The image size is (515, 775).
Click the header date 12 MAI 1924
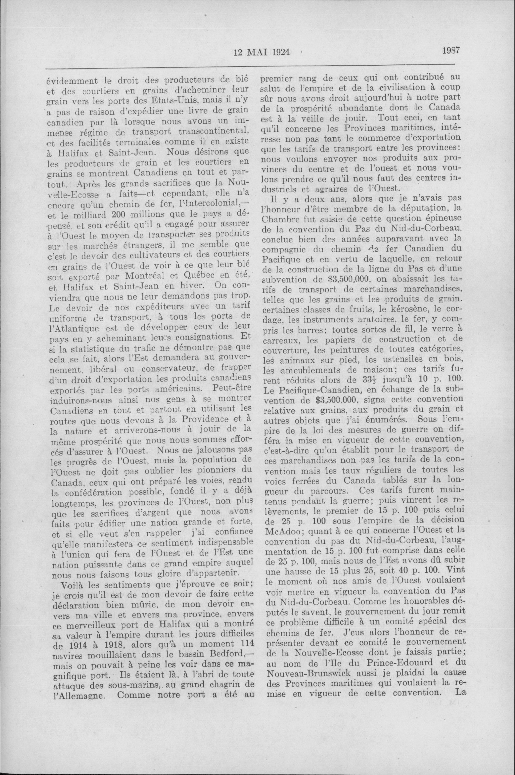262,52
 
